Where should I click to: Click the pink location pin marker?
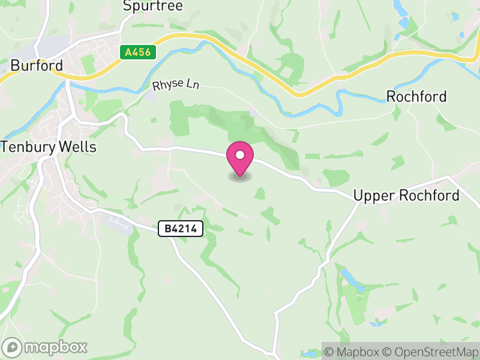(240, 158)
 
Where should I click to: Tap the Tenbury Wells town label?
(49, 147)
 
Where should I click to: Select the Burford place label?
(37, 65)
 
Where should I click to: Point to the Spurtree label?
(152, 6)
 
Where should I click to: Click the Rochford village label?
(416, 97)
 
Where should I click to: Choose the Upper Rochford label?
(406, 196)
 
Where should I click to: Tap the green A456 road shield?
(137, 53)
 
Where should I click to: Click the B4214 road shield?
(181, 229)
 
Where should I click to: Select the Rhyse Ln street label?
(175, 85)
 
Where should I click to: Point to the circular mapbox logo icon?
(12, 347)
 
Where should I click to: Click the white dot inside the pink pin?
(240, 155)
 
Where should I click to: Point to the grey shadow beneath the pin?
(240, 178)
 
